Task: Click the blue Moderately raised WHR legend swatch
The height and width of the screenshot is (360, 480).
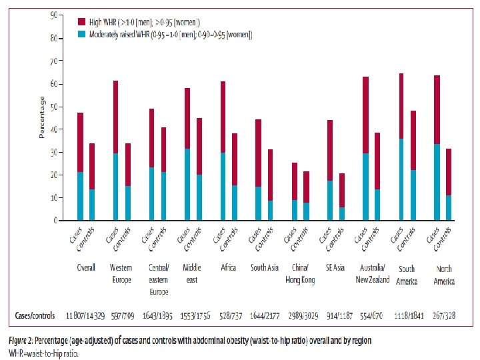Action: tap(81, 35)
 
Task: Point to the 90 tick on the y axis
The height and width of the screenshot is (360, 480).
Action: tap(57, 15)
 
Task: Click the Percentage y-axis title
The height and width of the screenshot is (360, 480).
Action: tap(42, 117)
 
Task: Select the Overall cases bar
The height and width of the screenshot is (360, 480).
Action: tap(80, 167)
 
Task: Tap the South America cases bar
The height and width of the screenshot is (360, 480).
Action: tap(401, 147)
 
